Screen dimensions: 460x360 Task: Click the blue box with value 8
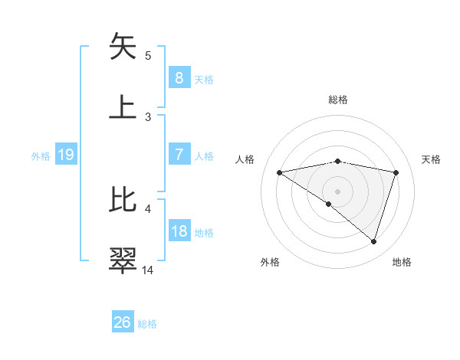pyautogui.click(x=179, y=78)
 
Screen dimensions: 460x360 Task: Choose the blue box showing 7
pyautogui.click(x=179, y=155)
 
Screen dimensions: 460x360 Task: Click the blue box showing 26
pyautogui.click(x=122, y=322)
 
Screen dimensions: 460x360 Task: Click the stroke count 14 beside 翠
pyautogui.click(x=148, y=270)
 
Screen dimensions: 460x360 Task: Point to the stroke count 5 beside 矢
pyautogui.click(x=148, y=54)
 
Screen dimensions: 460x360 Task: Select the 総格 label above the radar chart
pyautogui.click(x=337, y=100)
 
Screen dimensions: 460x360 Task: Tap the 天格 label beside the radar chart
pyautogui.click(x=432, y=159)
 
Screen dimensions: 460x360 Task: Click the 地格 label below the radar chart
pyautogui.click(x=402, y=262)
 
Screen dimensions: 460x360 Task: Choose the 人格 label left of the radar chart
pyautogui.click(x=245, y=159)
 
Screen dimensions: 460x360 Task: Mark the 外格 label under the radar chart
pyautogui.click(x=270, y=262)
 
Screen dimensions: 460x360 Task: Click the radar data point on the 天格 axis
pyautogui.click(x=396, y=172)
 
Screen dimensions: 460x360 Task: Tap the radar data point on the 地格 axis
pyautogui.click(x=373, y=241)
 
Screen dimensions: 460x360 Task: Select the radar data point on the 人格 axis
pyautogui.click(x=279, y=172)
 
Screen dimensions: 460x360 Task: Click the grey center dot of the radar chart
pyautogui.click(x=337, y=191)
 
